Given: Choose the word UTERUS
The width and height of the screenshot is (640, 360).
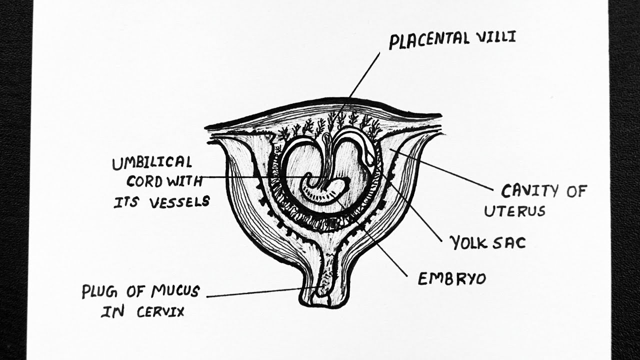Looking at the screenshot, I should [x=514, y=211].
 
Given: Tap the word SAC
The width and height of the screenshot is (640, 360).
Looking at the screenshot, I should [x=511, y=243].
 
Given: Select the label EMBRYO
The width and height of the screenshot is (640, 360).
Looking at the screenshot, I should [x=451, y=279].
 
